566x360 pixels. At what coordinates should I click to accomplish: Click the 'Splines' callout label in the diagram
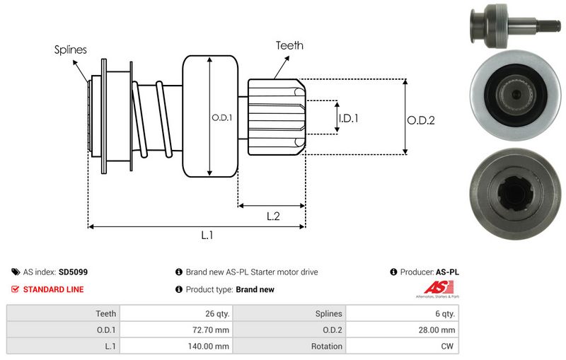(70, 50)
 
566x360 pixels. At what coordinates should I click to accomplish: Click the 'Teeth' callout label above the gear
(289, 45)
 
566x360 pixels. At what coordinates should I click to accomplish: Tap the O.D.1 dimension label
(221, 118)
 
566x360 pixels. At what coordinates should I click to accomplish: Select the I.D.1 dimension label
(348, 118)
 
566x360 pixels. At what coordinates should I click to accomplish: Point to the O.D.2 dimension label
(420, 120)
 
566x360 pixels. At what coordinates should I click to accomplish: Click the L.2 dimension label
(272, 217)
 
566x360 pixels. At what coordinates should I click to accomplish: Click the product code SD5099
(74, 272)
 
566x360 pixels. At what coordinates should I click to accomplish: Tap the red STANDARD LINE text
(53, 289)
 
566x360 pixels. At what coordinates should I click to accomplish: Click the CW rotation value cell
(449, 347)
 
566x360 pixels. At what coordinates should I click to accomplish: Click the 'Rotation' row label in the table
(326, 347)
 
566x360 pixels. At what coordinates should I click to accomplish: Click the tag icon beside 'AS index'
(16, 272)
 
